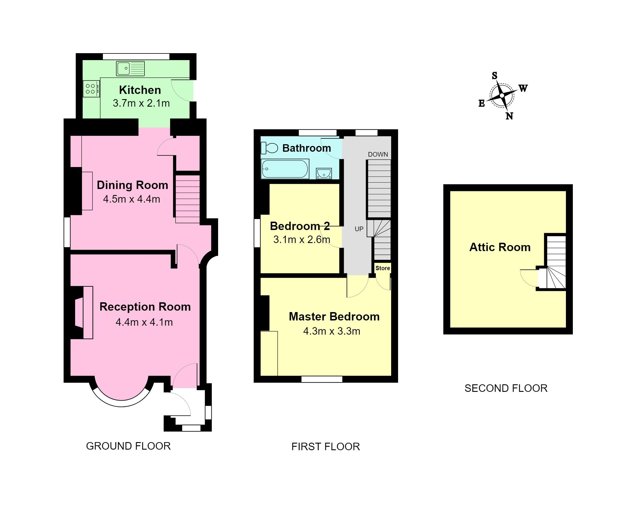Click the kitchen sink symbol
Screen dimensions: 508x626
130,68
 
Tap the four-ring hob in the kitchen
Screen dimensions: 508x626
91,89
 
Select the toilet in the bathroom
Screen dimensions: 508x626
269,148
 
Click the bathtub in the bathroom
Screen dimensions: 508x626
285,169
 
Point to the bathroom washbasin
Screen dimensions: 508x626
324,173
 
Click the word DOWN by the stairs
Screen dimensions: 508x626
378,154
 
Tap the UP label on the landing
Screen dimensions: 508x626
359,229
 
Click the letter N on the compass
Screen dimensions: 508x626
509,116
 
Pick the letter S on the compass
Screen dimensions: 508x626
494,76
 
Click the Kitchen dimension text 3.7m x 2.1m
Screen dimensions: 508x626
141,103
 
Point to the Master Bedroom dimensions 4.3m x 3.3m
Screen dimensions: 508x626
331,331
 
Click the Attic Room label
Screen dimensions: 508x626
500,247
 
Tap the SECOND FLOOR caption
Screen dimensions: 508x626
506,388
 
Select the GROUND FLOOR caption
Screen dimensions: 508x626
128,446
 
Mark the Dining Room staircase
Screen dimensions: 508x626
187,199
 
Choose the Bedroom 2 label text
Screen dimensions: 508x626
300,226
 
